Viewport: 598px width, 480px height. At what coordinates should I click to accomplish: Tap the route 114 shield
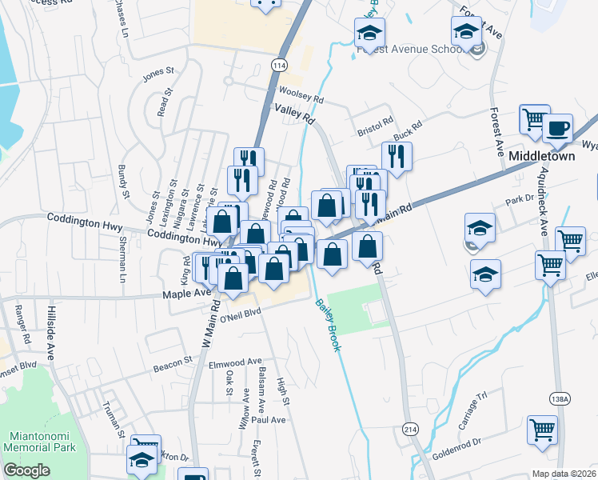tap(278, 64)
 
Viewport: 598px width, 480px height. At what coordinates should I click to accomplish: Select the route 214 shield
tap(410, 429)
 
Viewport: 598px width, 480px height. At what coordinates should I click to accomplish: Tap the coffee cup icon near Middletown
tap(557, 128)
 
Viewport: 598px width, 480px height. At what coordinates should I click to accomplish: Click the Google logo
tap(26, 470)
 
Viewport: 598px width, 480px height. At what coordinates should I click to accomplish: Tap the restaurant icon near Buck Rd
tap(397, 156)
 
